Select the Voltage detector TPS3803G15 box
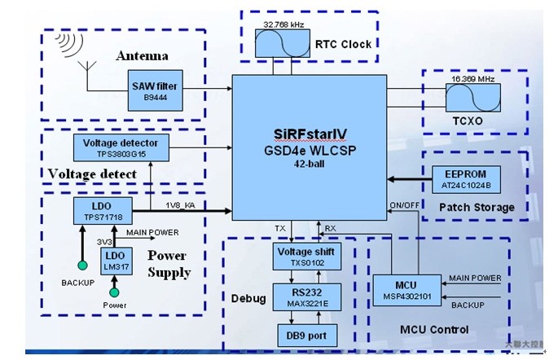point(121,147)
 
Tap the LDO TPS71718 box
point(97,213)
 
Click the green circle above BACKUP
point(81,266)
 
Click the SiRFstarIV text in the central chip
point(310,132)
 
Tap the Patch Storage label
point(477,208)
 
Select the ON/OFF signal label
point(405,204)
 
